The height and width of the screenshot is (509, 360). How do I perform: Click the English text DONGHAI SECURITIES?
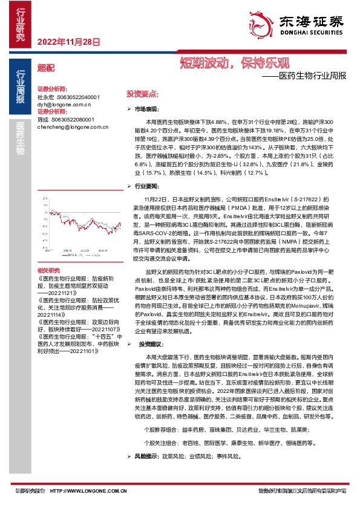(x=310, y=34)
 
